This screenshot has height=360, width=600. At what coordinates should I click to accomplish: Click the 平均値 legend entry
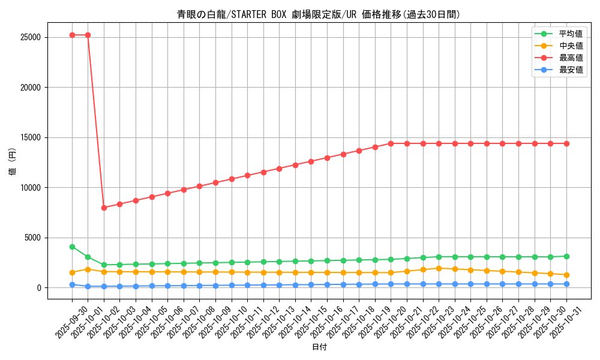click(x=571, y=34)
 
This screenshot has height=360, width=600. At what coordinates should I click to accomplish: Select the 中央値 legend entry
click(x=571, y=46)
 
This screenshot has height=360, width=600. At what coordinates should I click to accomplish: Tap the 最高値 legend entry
click(x=571, y=58)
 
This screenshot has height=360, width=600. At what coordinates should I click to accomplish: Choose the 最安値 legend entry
click(x=571, y=70)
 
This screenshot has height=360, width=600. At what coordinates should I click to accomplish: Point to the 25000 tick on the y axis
click(x=30, y=37)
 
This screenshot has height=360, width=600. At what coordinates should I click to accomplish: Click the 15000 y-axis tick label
click(x=30, y=137)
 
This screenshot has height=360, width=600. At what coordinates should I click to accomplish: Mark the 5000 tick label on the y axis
click(x=32, y=238)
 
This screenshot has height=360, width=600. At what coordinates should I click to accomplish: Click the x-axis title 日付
click(x=319, y=347)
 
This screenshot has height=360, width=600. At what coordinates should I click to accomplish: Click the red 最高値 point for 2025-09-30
click(x=72, y=35)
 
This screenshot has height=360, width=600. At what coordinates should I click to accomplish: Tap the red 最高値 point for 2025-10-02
click(x=104, y=208)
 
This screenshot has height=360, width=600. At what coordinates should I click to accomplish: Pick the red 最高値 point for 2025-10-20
click(x=391, y=143)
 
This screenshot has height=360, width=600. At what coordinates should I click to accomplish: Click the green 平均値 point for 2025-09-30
click(x=72, y=247)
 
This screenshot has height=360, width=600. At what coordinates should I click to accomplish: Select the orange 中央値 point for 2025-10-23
click(x=439, y=268)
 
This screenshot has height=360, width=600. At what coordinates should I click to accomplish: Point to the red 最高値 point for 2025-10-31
click(x=566, y=143)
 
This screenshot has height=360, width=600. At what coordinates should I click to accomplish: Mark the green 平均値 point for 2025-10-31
click(x=566, y=256)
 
